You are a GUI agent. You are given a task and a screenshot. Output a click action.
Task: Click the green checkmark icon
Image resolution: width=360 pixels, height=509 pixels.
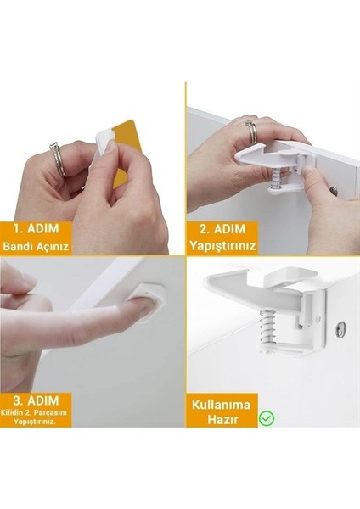click(x=267, y=417)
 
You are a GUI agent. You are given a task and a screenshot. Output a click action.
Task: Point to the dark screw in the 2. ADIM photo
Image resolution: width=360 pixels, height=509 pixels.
click(x=334, y=190)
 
